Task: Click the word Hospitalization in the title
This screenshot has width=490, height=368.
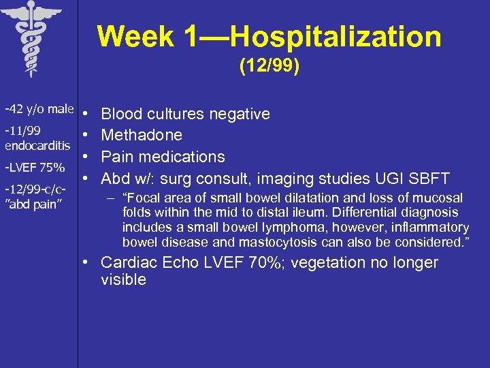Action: [336, 37]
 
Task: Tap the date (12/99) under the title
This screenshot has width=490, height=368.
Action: [269, 67]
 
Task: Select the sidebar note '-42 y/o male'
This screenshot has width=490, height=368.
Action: [39, 109]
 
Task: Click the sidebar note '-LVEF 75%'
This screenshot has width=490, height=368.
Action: [35, 167]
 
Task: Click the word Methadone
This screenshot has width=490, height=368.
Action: [142, 135]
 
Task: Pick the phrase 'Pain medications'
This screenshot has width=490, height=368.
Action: [163, 157]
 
